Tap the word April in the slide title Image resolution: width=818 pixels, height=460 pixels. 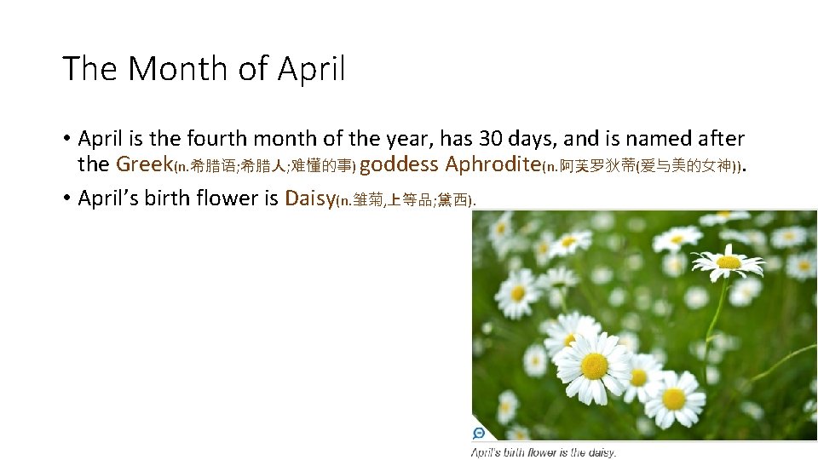pyautogui.click(x=312, y=69)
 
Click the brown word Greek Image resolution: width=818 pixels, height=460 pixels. pyautogui.click(x=144, y=164)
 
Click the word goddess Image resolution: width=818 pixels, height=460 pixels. pyautogui.click(x=399, y=164)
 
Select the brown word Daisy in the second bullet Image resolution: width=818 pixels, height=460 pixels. pyautogui.click(x=310, y=198)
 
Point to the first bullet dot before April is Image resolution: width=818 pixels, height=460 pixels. pyautogui.click(x=66, y=138)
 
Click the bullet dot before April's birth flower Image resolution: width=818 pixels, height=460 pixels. pyautogui.click(x=66, y=198)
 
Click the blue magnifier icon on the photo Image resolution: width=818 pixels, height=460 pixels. pyautogui.click(x=479, y=434)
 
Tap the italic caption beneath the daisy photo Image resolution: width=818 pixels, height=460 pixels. pyautogui.click(x=544, y=452)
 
